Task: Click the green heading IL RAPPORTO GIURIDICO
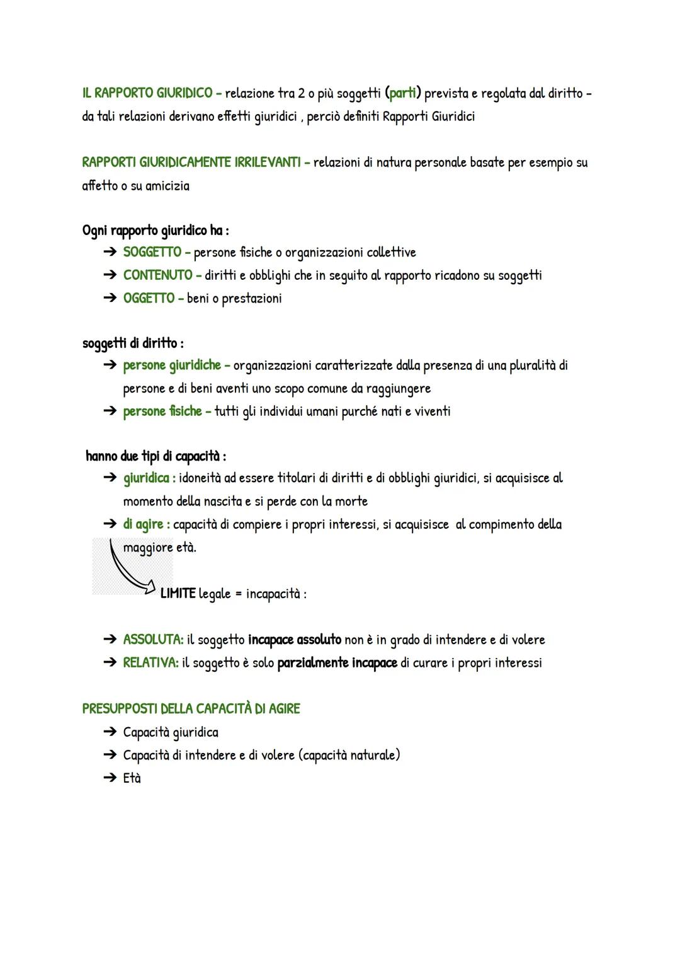point(147,93)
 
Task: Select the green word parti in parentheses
point(403,93)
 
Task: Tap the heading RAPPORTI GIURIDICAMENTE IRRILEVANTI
point(191,163)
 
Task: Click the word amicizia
point(167,186)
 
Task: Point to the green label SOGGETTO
point(152,252)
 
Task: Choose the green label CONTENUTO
point(158,275)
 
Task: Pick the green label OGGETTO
point(149,298)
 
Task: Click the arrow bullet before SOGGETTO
point(110,252)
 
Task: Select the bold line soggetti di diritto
point(133,343)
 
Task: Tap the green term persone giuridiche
point(172,365)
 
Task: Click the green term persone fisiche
point(162,411)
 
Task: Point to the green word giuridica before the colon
point(146,478)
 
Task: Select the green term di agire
point(143,524)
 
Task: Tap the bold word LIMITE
point(178,594)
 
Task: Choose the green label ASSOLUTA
point(153,640)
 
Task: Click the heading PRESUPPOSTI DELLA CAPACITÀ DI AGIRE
point(191,709)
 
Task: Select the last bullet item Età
point(132,778)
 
